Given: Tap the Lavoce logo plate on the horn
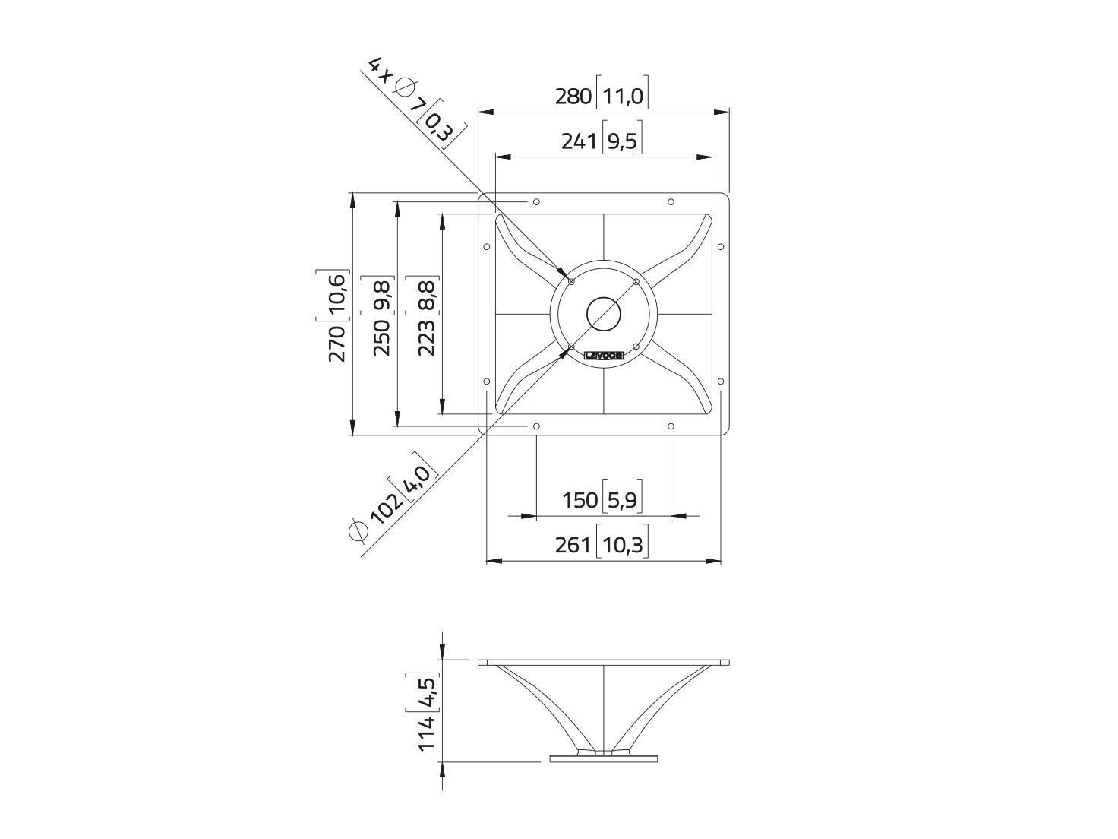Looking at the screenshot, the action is [x=604, y=356].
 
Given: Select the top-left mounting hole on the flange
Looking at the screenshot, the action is [x=535, y=202].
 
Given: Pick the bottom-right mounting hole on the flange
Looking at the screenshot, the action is [x=671, y=426].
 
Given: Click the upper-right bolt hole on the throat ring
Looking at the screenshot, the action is [x=636, y=282].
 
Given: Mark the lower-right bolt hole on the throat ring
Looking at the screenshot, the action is [x=636, y=347].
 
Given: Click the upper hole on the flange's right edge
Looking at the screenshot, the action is [x=720, y=247].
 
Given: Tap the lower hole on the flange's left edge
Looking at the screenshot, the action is [x=486, y=382].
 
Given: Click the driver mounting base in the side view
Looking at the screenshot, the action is [x=604, y=774].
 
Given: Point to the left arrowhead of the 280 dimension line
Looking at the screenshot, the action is [x=484, y=112].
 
